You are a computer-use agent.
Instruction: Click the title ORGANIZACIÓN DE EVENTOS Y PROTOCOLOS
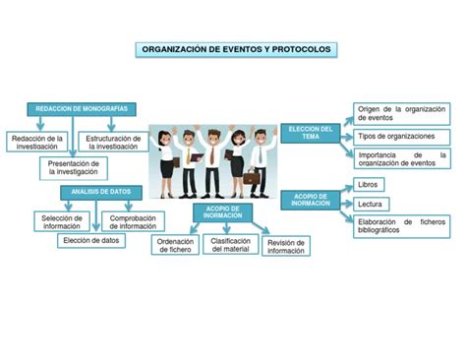coord(237,48)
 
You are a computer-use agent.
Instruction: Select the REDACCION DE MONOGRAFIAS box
coord(82,108)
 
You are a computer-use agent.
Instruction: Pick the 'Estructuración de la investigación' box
coord(115,143)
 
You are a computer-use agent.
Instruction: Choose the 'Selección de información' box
coord(63,220)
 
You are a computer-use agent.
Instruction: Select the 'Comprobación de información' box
coord(133,220)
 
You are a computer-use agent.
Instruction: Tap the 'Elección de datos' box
coord(90,240)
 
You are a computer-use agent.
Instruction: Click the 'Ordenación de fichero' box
coord(175,245)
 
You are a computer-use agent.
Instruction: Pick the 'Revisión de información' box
coord(286,246)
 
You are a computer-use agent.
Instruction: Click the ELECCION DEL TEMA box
coord(312,133)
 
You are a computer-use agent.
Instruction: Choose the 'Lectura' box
coord(371,204)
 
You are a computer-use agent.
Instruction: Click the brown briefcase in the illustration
coord(253,180)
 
